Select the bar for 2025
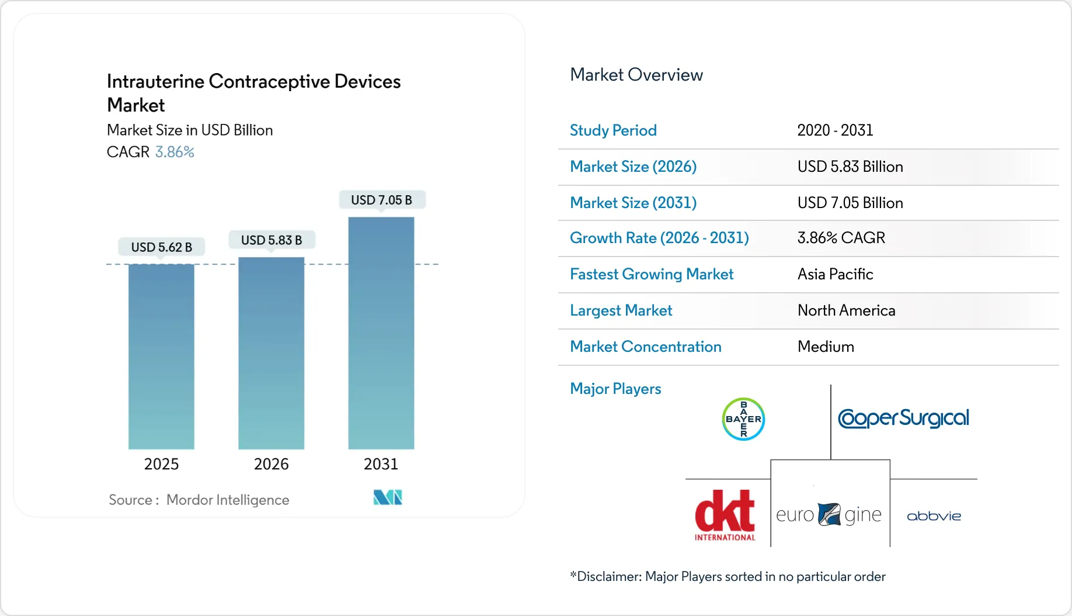point(161,357)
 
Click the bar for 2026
point(271,353)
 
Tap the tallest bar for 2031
point(381,333)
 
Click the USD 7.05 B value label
point(381,200)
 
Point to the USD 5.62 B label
point(162,247)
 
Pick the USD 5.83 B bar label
point(272,240)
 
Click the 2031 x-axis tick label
point(381,464)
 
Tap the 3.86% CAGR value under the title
point(175,152)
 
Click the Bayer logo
point(743,419)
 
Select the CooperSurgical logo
point(903,418)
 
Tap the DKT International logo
point(725,515)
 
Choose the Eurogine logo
point(829,515)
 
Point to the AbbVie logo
point(934,516)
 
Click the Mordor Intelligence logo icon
point(388,497)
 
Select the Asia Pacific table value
point(835,274)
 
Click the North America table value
point(846,310)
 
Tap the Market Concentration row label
point(645,347)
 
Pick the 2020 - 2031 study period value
point(835,130)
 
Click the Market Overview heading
point(636,75)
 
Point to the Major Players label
point(615,389)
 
